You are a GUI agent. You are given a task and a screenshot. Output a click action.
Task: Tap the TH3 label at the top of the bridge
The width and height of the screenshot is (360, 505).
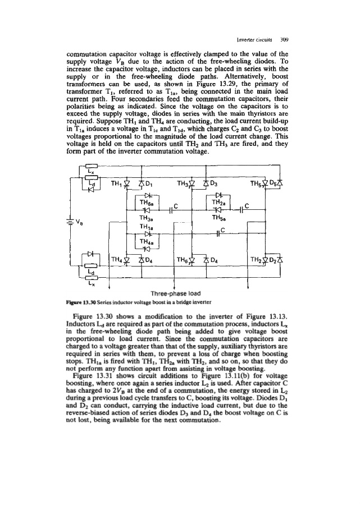point(184,184)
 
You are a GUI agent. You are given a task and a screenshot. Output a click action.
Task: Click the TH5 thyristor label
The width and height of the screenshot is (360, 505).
point(258,184)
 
